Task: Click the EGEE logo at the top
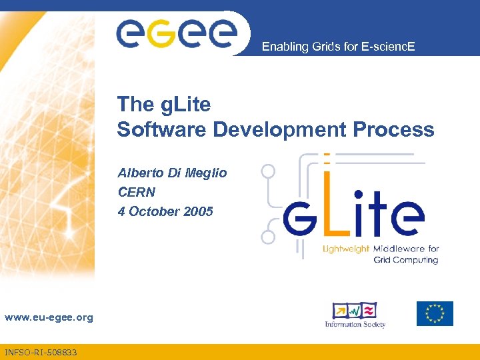pos(177,32)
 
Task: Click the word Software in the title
pos(162,129)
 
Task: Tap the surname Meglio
pos(207,173)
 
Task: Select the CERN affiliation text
pos(137,193)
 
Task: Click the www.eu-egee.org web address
pos(49,318)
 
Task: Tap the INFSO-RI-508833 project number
pos(40,352)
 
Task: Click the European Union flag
pos(435,313)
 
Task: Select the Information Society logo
pos(355,315)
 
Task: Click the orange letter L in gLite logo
pos(328,207)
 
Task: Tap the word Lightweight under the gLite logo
pos(346,249)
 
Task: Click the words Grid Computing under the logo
pos(405,260)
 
